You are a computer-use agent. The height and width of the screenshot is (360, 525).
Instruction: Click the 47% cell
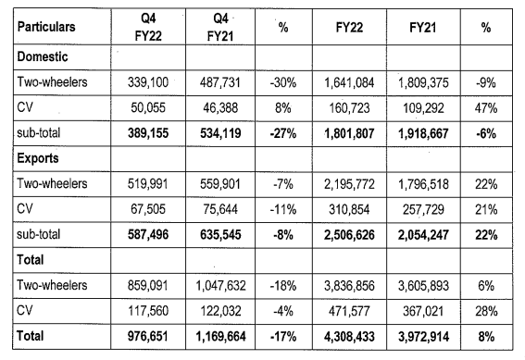tap(485, 108)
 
